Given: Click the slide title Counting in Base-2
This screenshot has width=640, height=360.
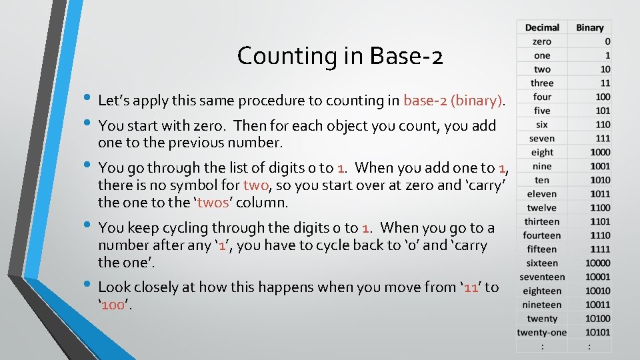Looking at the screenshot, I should tap(339, 56).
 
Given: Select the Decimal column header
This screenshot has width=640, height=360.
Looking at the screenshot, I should tap(542, 27).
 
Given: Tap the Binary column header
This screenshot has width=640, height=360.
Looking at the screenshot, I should tap(589, 27).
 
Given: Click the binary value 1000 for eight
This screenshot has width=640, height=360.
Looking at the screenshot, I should tap(599, 152).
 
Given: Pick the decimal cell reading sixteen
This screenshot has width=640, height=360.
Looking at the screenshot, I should tap(542, 263).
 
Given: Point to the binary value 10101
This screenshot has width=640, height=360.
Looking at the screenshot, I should tap(597, 332).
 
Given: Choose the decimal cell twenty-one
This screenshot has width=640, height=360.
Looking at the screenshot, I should tap(542, 332).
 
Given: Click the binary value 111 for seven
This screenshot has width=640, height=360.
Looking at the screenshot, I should tap(602, 138).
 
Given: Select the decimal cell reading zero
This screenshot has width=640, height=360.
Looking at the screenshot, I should tap(542, 41).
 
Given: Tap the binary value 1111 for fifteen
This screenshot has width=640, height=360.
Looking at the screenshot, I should tap(599, 249).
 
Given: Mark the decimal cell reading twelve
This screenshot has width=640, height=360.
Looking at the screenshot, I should tap(542, 207).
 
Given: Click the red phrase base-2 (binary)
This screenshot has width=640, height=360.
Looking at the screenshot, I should tap(453, 101).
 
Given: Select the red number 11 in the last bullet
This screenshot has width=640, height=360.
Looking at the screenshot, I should tap(473, 287).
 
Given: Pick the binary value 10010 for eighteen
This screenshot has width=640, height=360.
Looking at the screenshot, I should tap(597, 291).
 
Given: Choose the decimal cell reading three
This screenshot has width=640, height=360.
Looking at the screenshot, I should tap(542, 83).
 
